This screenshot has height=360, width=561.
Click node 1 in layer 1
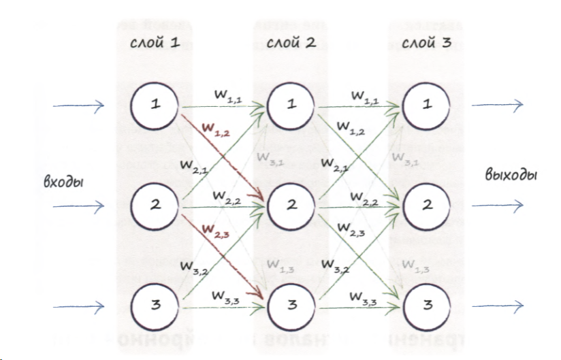156,105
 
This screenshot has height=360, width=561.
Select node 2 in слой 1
156,205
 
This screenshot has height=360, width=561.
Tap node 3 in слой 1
156,305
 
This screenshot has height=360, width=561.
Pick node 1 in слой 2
291,105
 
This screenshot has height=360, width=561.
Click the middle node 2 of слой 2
291,205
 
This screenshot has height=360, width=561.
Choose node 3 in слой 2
291,305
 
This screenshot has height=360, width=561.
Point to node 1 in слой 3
427,105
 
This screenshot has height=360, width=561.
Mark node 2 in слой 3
427,205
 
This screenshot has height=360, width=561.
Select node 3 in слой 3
427,305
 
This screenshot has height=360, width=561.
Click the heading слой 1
155,44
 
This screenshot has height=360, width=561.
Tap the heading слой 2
291,44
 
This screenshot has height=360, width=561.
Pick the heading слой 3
426,44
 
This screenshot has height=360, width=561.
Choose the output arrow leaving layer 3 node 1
498,105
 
